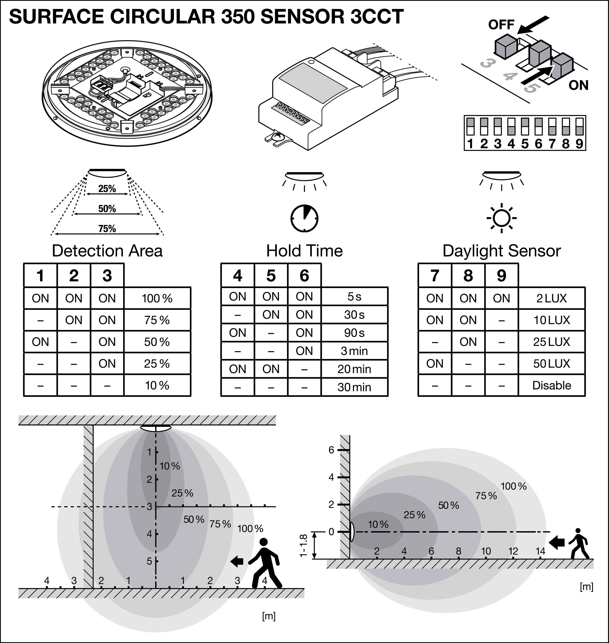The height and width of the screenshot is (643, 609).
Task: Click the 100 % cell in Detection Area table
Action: tap(157, 298)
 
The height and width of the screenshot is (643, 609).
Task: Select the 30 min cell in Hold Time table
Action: tap(354, 387)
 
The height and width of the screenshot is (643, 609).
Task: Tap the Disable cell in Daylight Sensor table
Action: tap(552, 385)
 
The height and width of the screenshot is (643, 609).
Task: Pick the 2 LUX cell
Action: tap(552, 298)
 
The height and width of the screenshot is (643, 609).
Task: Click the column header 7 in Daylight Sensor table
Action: tap(435, 276)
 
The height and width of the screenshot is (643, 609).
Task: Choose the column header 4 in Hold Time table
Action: tap(238, 276)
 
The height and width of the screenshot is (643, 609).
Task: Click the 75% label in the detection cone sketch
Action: tap(107, 229)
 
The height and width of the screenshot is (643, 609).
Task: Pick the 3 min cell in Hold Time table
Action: tap(354, 351)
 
